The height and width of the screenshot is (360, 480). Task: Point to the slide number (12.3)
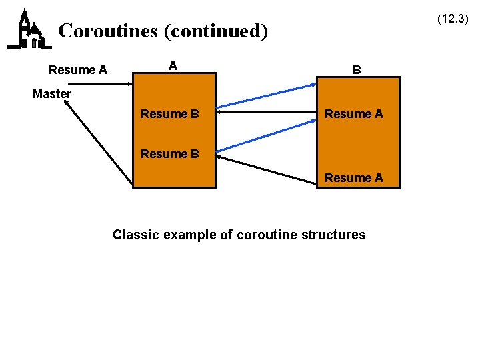pos(453,19)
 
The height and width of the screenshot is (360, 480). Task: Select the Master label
pos(51,94)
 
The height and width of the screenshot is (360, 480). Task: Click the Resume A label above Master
pos(78,70)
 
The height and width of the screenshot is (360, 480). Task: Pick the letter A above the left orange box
pos(173,65)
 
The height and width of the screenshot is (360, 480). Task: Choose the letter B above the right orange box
pos(357,69)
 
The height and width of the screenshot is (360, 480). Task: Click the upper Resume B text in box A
pos(169,114)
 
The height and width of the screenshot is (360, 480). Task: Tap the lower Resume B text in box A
pos(169,155)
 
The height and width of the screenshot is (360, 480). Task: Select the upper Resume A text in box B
pos(353,114)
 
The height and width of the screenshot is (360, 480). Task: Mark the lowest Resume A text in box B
pos(353,178)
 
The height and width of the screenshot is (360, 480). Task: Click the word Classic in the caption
pos(135,235)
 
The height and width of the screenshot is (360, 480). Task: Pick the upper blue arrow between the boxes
pos(267,95)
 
